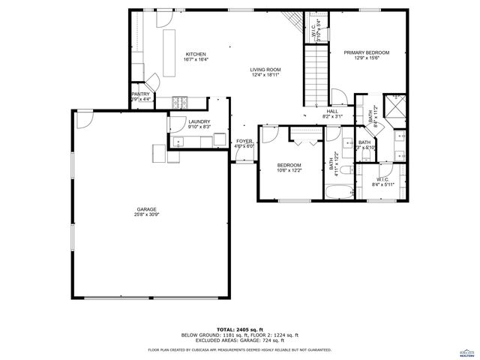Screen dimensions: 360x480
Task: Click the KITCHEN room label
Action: [x=196, y=55]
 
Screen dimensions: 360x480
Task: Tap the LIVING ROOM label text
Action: [x=265, y=70]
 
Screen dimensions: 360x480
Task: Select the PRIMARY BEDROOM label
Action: [x=367, y=52]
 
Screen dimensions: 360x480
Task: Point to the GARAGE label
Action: [x=146, y=209]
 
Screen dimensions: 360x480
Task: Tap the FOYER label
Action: [x=244, y=141]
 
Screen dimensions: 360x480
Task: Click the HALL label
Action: [x=332, y=111]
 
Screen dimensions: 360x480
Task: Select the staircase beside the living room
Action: [x=314, y=75]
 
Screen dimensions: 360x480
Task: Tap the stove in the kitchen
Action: [x=180, y=101]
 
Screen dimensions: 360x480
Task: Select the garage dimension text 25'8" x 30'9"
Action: [x=146, y=214]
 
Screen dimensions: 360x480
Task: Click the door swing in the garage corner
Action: [x=84, y=118]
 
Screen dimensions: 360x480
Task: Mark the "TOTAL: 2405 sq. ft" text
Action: [x=239, y=329]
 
